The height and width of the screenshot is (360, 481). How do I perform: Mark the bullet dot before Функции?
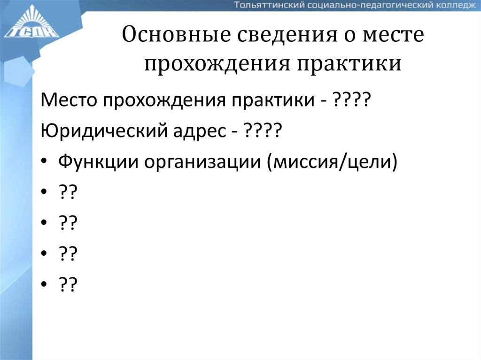pos(44,162)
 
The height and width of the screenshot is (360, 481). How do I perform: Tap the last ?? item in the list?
pos(68,284)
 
